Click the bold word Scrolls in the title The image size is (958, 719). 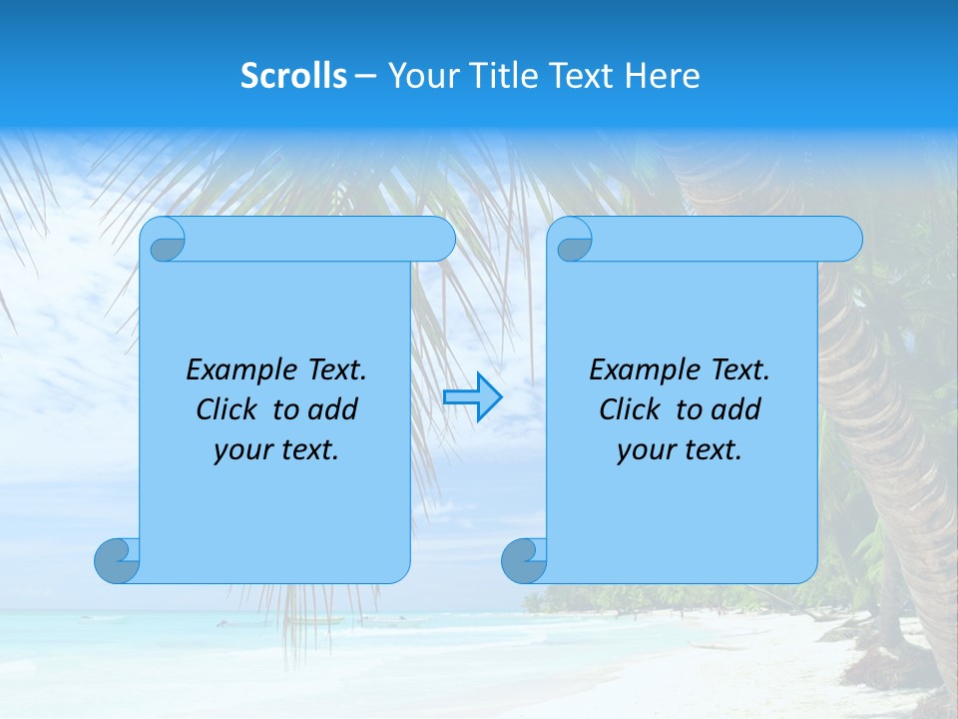tap(293, 76)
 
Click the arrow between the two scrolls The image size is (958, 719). tap(472, 397)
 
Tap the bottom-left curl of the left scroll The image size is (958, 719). tap(117, 560)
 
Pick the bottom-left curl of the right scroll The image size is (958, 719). tap(524, 560)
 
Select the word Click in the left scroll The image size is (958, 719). tap(226, 409)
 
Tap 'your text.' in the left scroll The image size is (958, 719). tap(276, 450)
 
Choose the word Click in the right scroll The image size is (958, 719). tap(629, 409)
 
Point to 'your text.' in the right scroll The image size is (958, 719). tap(680, 450)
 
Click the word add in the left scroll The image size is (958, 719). tap(332, 409)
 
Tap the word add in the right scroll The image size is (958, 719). tap(735, 409)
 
